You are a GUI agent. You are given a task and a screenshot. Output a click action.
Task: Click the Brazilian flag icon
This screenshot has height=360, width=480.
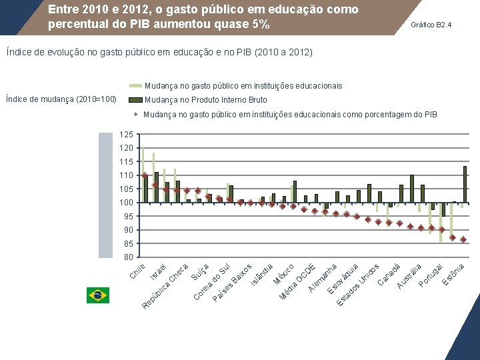(x=97, y=295)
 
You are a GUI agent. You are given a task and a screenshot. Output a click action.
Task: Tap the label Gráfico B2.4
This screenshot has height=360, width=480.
(x=431, y=25)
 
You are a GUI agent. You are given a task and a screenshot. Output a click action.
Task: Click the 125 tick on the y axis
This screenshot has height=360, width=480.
(x=126, y=135)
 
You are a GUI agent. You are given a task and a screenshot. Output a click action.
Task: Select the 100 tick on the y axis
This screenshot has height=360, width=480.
(x=126, y=203)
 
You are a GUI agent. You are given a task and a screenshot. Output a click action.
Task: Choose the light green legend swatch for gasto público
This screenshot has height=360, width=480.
(x=135, y=86)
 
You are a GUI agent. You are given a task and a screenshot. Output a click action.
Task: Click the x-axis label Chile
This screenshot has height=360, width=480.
(x=137, y=271)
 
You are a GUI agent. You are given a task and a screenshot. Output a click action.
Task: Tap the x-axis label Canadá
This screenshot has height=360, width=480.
(x=389, y=274)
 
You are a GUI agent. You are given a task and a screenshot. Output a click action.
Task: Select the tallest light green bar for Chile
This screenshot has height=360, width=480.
(x=142, y=174)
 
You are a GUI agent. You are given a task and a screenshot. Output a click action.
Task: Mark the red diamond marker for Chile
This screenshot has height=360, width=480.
(x=145, y=176)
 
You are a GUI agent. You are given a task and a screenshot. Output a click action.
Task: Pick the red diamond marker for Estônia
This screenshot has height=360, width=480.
(x=463, y=239)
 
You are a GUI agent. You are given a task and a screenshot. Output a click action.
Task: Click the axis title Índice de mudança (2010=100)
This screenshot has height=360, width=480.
(x=61, y=100)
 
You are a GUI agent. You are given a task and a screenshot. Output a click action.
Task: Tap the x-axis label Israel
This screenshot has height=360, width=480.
(x=158, y=271)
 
